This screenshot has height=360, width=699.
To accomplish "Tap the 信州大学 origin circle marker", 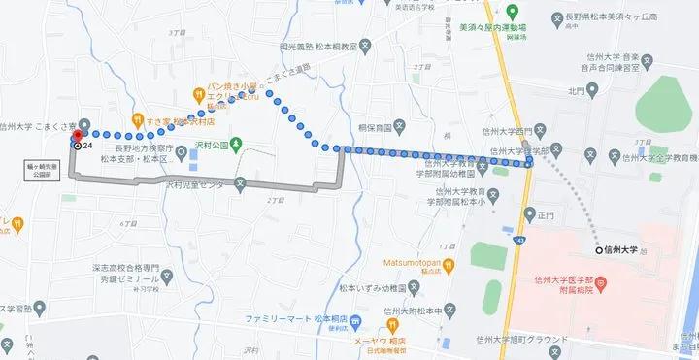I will coord(598,248).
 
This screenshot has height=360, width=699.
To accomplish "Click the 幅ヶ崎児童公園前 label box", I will coord(41,173).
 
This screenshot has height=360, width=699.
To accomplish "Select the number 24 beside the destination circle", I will coord(87,146).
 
